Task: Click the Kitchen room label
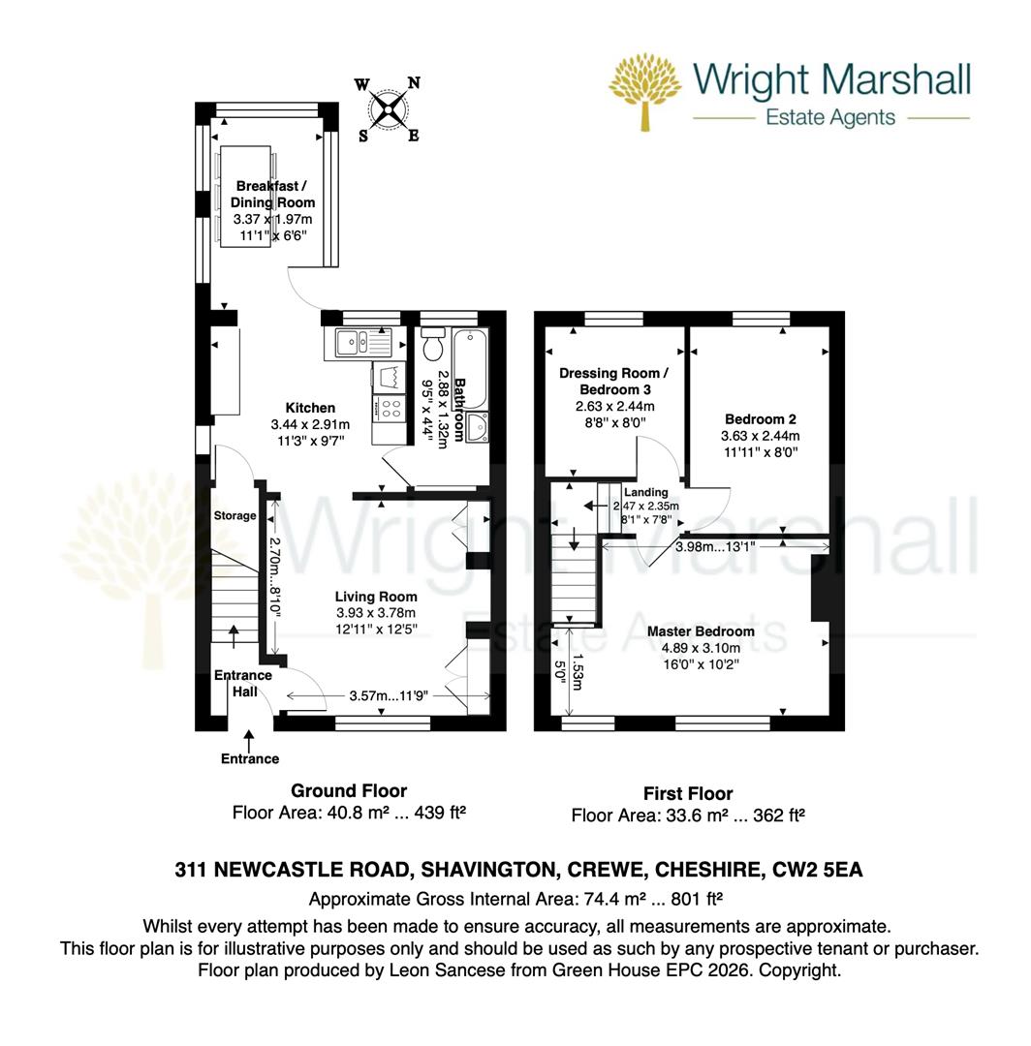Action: pos(310,408)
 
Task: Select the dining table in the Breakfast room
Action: pos(248,194)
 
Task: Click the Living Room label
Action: pos(376,597)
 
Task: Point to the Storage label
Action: pos(234,516)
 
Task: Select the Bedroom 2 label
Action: pos(761,419)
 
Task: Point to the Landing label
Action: pos(646,492)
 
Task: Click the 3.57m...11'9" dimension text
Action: pos(389,695)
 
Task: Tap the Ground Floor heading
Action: pos(349,790)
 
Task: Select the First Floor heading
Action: pos(688,793)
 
